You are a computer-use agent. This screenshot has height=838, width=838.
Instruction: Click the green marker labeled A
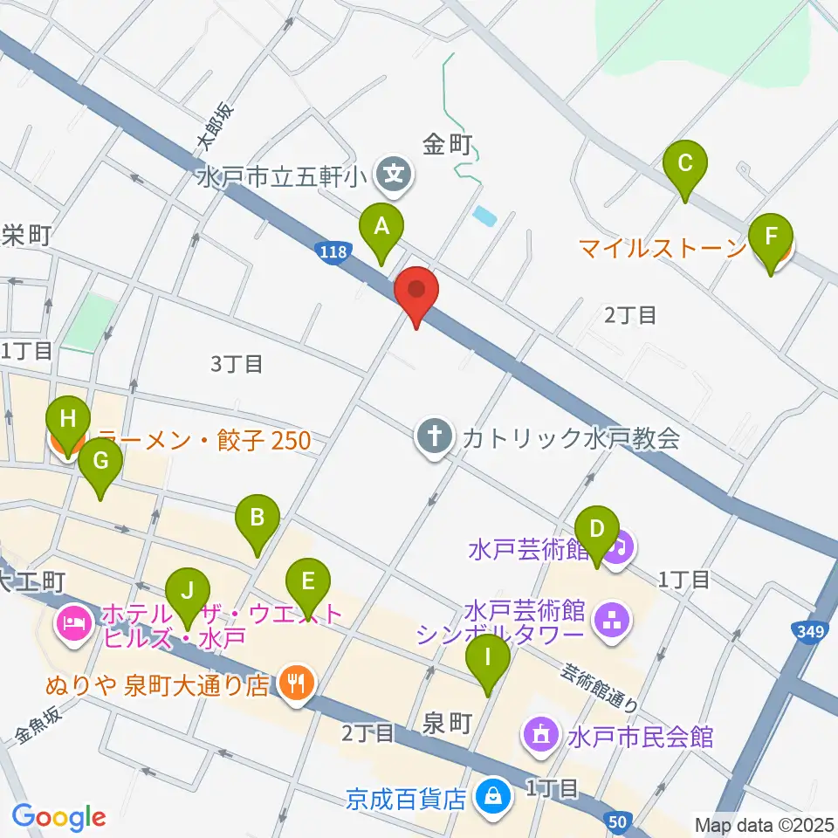pyautogui.click(x=381, y=229)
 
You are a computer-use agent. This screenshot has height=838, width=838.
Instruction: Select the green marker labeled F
pyautogui.click(x=771, y=240)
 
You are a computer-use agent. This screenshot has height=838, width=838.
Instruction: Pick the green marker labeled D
pyautogui.click(x=597, y=532)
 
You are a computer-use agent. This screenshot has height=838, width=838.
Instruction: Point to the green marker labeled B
pyautogui.click(x=258, y=521)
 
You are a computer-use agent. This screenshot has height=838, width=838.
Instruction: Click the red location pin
pyautogui.click(x=416, y=292)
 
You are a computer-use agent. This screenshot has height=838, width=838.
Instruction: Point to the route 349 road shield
pyautogui.click(x=813, y=630)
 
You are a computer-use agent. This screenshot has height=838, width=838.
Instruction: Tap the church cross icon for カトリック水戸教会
pyautogui.click(x=434, y=436)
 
